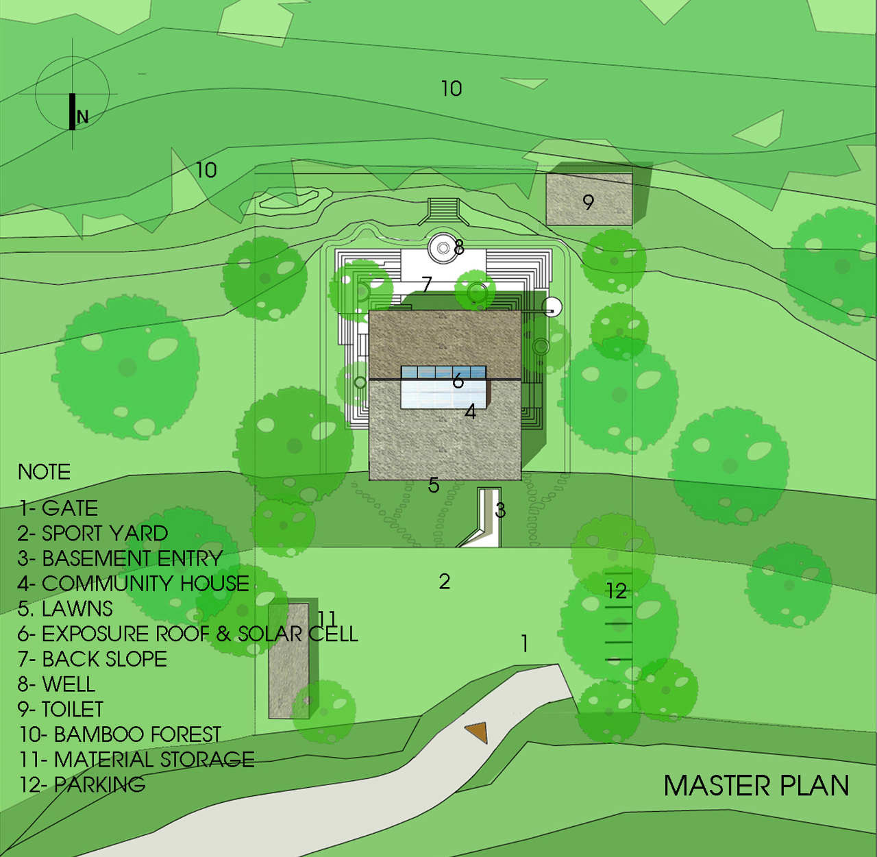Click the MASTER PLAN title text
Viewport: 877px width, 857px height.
coord(756,786)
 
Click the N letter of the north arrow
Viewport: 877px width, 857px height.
coord(83,116)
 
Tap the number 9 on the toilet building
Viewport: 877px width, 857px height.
coord(588,202)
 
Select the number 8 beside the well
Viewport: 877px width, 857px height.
coord(459,247)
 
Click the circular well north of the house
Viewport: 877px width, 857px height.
coord(441,248)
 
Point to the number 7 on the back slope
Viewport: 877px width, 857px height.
coord(427,284)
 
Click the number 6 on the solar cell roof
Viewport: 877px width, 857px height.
coord(458,380)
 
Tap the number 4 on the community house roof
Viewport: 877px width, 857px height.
coord(470,412)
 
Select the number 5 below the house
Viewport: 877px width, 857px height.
coord(434,485)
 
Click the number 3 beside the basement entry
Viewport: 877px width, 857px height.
coord(500,510)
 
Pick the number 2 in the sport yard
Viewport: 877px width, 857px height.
coord(445,582)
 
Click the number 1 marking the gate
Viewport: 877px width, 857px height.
coord(525,644)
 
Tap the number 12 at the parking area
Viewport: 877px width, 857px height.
coord(616,591)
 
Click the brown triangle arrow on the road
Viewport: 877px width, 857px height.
coord(477,732)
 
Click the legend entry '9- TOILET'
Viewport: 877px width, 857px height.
coord(61,709)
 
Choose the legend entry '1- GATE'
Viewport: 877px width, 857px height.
coord(58,508)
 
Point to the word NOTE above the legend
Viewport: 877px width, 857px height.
coord(44,472)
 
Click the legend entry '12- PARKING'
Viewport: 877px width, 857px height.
coord(82,784)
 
